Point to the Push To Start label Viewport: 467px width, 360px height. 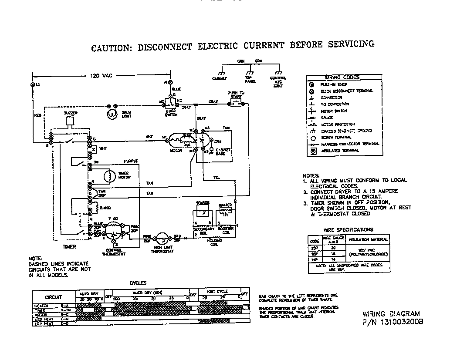click(x=236, y=95)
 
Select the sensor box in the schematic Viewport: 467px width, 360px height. click(x=203, y=214)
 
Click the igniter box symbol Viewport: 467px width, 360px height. click(x=225, y=214)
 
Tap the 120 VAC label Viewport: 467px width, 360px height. click(x=101, y=76)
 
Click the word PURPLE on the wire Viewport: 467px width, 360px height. click(x=131, y=161)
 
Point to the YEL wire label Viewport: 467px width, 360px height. click(x=217, y=177)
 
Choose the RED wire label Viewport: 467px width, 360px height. click(x=37, y=116)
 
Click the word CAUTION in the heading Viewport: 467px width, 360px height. click(x=111, y=47)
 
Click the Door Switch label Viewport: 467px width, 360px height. click(x=171, y=113)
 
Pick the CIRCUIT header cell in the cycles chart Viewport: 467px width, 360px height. click(x=53, y=297)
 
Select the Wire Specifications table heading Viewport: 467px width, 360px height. click(x=348, y=229)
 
